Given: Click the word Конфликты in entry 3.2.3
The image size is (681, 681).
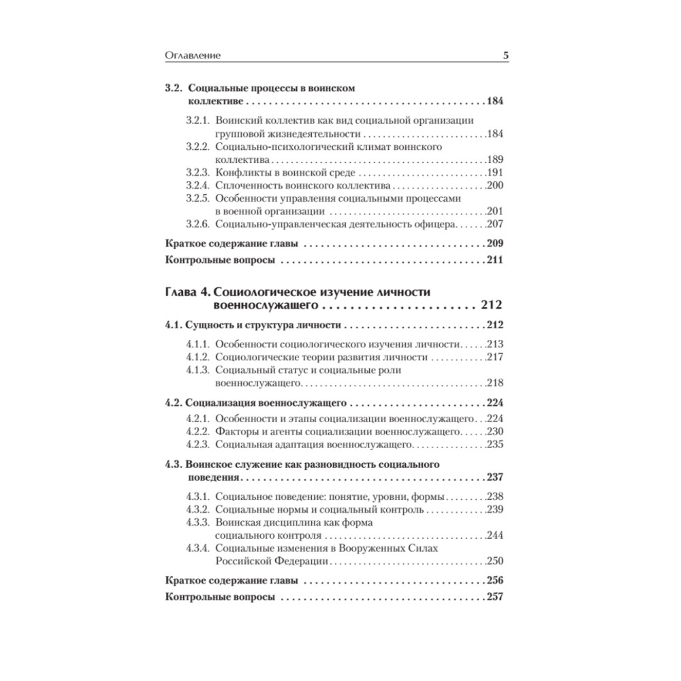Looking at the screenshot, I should point(239,172).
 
